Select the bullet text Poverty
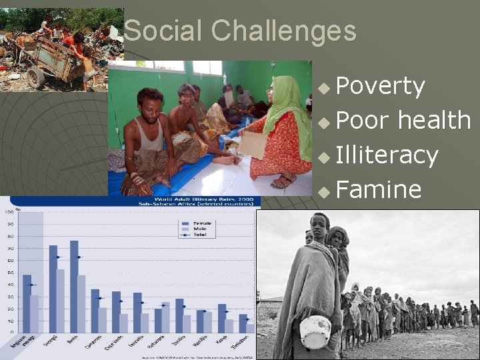(x=380, y=86)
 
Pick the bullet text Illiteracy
(x=387, y=155)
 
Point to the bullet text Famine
(x=379, y=190)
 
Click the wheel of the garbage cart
(x=35, y=77)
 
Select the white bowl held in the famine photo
(x=315, y=331)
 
